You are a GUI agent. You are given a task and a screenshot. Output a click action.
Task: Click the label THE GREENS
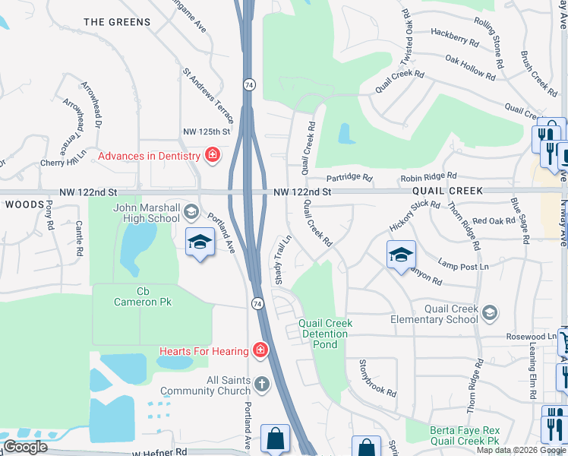pos(117,22)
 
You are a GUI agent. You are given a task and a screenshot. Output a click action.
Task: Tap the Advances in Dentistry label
pos(150,157)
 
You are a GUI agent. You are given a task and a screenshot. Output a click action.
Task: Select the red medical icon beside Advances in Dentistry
pos(213,157)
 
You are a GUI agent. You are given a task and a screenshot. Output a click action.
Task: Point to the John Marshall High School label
pos(147,214)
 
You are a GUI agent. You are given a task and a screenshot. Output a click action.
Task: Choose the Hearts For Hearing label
pos(204,350)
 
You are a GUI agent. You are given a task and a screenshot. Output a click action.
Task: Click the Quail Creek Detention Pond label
pos(325,333)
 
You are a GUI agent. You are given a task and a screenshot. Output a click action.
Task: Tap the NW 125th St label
pos(206,132)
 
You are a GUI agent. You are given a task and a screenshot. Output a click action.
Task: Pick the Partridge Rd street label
pos(350,179)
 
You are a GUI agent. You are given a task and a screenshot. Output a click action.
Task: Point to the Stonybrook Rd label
pos(377,378)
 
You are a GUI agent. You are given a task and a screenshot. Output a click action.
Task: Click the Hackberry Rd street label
pos(454,33)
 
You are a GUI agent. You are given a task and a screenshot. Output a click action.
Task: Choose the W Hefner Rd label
pos(159,451)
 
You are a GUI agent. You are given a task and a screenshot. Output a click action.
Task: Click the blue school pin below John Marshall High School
pos(200,243)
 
